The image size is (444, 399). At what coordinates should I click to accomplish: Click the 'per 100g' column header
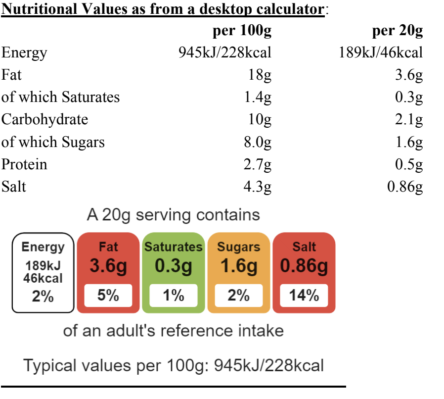click(x=242, y=31)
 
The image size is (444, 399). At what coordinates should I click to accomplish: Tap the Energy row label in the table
click(x=24, y=53)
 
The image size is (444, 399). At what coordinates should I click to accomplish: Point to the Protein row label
click(x=24, y=164)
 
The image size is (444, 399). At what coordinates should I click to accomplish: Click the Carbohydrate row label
click(x=44, y=120)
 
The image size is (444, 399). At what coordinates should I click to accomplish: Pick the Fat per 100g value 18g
click(x=260, y=76)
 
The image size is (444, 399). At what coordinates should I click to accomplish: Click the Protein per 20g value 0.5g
click(x=408, y=164)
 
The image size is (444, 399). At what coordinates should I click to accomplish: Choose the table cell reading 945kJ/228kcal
click(x=224, y=53)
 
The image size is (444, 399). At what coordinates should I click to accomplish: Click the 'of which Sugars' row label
click(x=53, y=142)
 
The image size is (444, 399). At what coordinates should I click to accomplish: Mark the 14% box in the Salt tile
click(x=304, y=296)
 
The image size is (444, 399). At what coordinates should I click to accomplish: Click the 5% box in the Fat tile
click(x=108, y=296)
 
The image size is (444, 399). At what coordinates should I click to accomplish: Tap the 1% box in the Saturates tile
click(x=174, y=296)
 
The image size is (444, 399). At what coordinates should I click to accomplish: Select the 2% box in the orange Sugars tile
click(x=239, y=296)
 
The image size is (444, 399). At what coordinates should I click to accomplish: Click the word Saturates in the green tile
click(x=174, y=247)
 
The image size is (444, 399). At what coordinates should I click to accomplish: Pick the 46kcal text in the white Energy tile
click(x=43, y=278)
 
